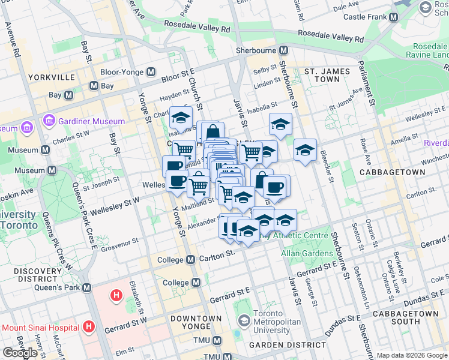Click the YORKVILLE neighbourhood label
point(50,77)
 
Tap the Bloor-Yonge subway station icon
point(149,72)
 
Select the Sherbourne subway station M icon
point(283,51)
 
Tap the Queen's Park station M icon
point(87,287)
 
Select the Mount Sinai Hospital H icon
point(89,327)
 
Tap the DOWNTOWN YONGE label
point(196,322)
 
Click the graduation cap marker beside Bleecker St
point(305,149)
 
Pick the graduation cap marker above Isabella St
point(280,124)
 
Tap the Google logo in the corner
point(20,353)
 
